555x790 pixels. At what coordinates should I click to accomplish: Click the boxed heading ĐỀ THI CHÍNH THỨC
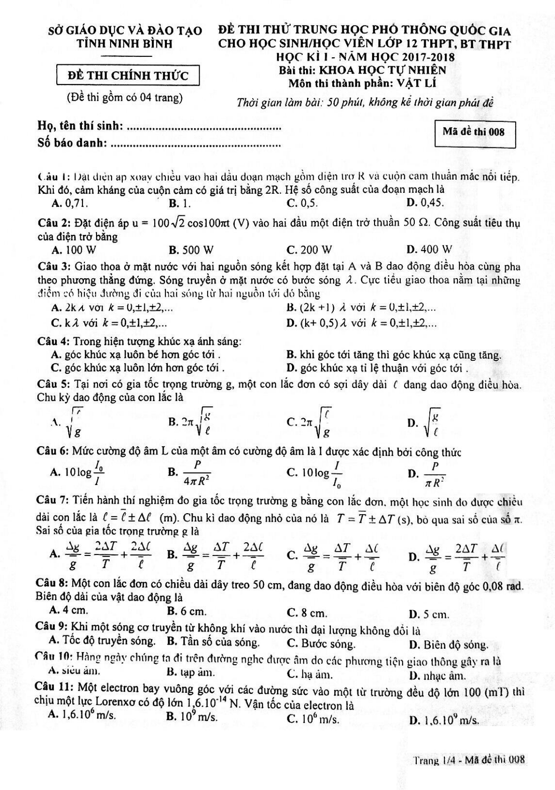(128, 76)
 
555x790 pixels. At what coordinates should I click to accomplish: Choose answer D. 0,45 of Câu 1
(425, 203)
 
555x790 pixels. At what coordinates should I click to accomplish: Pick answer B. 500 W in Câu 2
(191, 249)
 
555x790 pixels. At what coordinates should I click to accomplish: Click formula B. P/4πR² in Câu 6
(190, 472)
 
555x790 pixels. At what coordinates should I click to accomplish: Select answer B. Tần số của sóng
(213, 642)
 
